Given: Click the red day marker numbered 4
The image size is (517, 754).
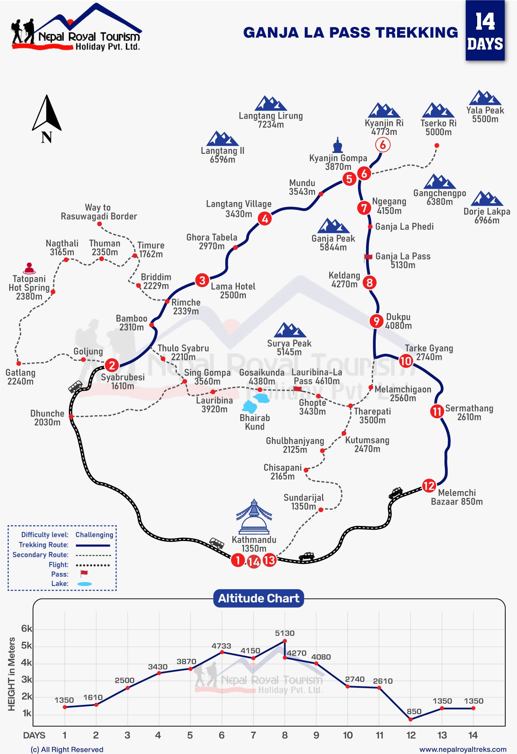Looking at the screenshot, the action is pos(265,218).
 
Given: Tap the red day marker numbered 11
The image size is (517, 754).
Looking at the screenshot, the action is pos(437,411).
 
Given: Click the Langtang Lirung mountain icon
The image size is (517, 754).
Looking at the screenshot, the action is pos(271,103).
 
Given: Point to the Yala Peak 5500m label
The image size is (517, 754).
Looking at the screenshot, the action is pos(485,114).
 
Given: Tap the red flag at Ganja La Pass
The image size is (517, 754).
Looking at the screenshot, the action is pos(368,257).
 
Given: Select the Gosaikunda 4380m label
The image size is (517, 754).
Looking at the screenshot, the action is pos(262,377).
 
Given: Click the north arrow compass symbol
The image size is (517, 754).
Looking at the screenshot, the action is pos(47,113).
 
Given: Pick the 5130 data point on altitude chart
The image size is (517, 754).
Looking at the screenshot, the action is pos(285,641).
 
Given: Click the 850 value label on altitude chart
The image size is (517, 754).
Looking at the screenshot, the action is pos(414,711).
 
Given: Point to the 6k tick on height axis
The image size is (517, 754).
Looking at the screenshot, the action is pos(26,628).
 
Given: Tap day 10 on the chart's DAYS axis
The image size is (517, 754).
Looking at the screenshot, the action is pos(348,735).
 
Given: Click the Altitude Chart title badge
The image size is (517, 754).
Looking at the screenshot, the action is pos(259,598).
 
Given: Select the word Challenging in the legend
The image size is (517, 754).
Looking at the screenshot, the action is pos(94,535).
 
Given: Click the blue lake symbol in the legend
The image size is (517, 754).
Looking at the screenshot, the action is pos(84,584).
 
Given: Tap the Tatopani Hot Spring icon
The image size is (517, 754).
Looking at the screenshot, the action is pos(29,268).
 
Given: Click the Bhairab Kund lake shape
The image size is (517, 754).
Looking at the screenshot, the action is pos(250,407).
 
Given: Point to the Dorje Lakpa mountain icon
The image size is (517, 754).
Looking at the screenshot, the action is pos(486,199).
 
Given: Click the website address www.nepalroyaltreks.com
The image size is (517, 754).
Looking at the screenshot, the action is pos(463,749).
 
